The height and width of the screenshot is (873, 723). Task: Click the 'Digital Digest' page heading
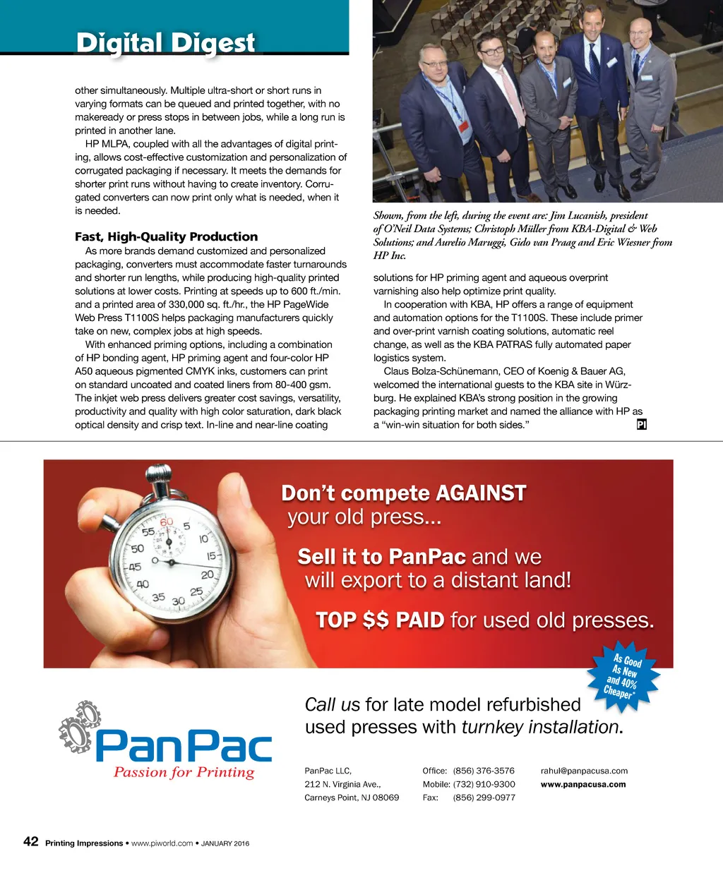165,43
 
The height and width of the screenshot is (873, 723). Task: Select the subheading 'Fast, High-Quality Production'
166,236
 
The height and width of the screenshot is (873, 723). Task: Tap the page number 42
31,841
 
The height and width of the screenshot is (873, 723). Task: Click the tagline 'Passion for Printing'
184,772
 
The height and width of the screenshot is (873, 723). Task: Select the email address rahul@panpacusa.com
584,771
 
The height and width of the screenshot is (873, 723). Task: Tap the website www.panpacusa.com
583,784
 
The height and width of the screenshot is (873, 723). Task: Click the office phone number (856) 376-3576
484,771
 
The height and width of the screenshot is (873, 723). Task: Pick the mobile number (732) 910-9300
484,784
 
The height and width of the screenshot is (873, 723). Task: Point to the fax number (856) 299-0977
484,797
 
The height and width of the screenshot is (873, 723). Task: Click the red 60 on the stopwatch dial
167,522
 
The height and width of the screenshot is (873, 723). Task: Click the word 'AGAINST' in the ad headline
481,493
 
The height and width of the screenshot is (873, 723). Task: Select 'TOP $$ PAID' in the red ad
380,620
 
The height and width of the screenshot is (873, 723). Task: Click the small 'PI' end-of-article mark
641,425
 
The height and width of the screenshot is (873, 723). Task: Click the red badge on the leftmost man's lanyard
463,127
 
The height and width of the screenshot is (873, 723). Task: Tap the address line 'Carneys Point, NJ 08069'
352,797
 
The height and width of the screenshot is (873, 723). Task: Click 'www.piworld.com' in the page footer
162,843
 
